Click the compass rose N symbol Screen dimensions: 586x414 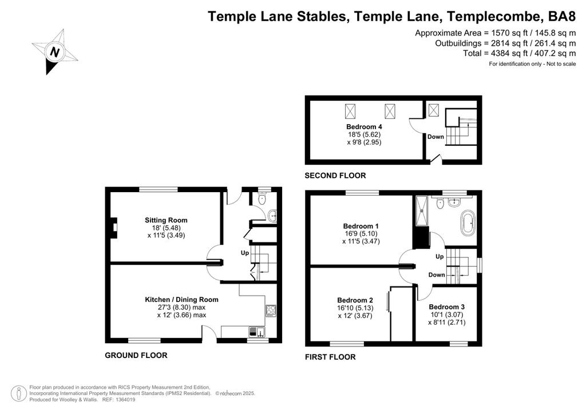[54, 51]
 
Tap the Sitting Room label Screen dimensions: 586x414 [166, 220]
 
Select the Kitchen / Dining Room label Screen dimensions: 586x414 [181, 300]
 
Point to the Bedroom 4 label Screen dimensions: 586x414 [364, 126]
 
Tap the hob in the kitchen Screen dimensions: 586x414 [271, 310]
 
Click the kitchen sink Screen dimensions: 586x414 [257, 332]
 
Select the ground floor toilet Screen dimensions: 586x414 [262, 198]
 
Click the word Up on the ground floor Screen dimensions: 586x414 [245, 253]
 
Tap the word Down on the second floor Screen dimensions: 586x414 [435, 137]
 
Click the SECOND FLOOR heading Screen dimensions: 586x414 [335, 176]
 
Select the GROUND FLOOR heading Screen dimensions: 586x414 [136, 356]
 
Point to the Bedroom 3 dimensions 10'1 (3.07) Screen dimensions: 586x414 [447, 315]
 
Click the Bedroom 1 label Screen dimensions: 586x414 [361, 226]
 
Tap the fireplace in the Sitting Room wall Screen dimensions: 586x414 [114, 228]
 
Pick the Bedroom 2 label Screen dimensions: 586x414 [355, 300]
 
